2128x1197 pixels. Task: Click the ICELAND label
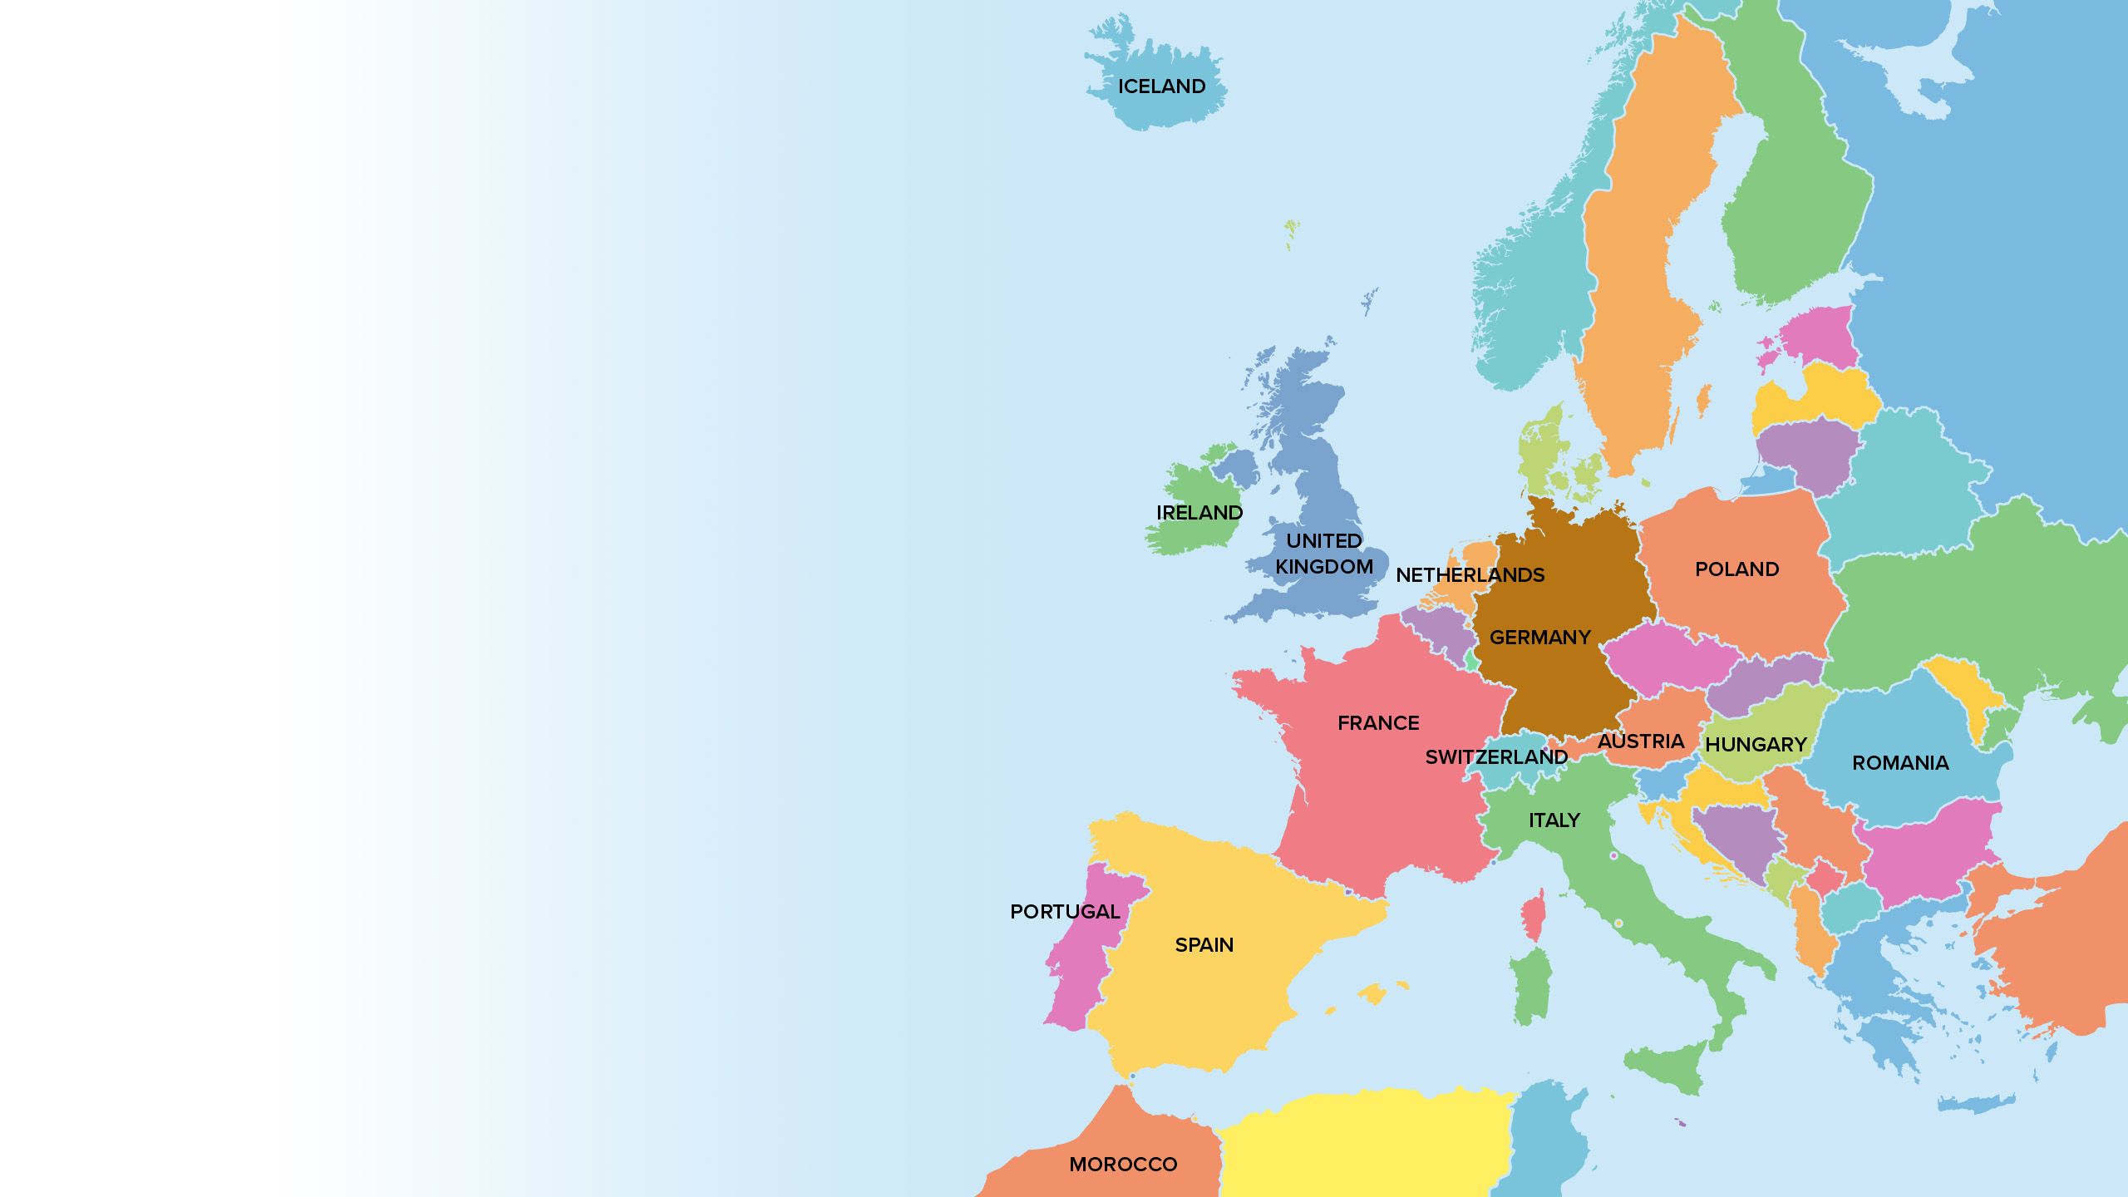(1161, 86)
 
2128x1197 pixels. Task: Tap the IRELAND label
(1199, 513)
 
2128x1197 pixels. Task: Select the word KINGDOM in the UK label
(1324, 567)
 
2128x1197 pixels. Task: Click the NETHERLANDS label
(1470, 575)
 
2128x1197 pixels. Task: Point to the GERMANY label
(1539, 638)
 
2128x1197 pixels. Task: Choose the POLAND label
(1736, 569)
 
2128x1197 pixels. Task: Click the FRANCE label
(1378, 723)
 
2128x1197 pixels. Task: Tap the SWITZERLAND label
(1496, 757)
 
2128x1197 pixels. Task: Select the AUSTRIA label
(1641, 741)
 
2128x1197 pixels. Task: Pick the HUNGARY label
(1756, 745)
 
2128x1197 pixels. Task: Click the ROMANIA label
(1900, 763)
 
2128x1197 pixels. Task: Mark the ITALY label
(1554, 820)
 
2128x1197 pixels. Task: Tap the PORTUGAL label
(1065, 912)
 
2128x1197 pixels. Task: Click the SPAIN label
(1204, 945)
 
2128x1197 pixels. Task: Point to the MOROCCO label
(1123, 1165)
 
